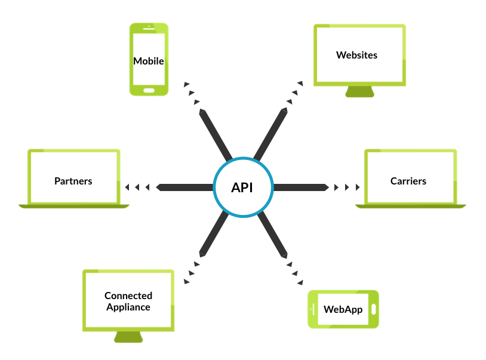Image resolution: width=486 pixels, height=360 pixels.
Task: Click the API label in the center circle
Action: (242, 187)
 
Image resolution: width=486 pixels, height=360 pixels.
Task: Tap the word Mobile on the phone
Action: (149, 61)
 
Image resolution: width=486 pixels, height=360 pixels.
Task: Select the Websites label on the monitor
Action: (357, 55)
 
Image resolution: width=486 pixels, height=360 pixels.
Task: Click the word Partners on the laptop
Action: (73, 180)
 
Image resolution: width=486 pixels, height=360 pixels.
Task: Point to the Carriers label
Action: (408, 180)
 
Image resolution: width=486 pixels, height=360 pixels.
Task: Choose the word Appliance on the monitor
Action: (128, 307)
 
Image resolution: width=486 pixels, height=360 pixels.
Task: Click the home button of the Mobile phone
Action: (149, 91)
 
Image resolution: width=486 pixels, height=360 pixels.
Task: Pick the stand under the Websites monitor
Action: (360, 92)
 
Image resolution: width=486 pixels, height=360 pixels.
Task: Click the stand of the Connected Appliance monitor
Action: (128, 337)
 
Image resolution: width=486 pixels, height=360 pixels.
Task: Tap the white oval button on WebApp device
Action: (374, 309)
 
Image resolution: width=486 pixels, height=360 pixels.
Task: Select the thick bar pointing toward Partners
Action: (185, 187)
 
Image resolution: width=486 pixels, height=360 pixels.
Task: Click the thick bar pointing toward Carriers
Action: (300, 187)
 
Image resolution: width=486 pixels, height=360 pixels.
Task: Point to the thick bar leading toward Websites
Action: (270, 135)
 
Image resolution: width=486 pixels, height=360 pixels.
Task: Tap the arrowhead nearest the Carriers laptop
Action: (358, 187)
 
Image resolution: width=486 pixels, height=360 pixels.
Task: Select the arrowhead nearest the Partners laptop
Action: (127, 187)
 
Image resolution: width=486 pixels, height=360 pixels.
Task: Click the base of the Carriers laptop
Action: (411, 205)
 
